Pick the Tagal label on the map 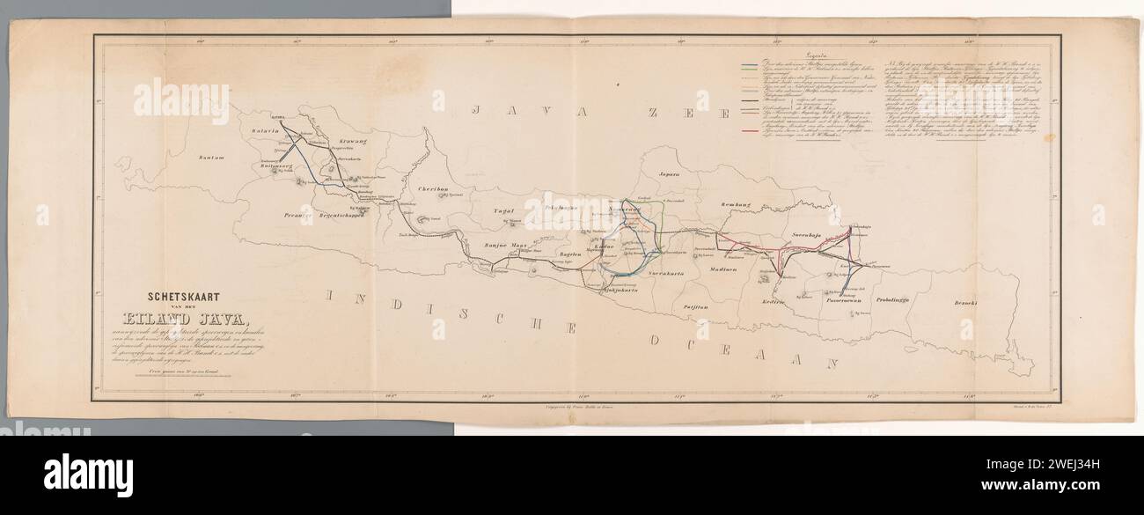503,211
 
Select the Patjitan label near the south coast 696,305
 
